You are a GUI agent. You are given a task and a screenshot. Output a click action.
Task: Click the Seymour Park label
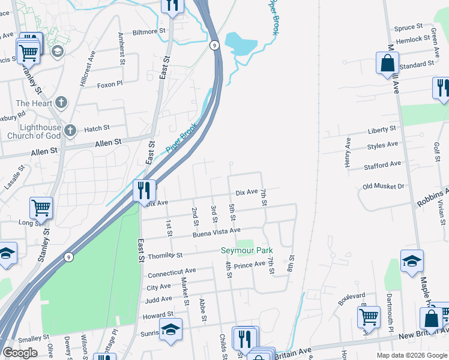click(x=247, y=250)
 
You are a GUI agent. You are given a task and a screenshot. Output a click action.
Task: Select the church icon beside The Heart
click(x=60, y=103)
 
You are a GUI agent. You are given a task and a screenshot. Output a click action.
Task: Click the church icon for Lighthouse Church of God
click(x=70, y=130)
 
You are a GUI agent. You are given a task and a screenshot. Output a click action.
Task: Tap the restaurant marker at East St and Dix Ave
click(x=144, y=191)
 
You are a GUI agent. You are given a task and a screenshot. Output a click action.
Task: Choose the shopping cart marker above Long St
click(x=41, y=208)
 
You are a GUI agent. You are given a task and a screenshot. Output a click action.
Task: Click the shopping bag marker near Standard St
click(x=388, y=63)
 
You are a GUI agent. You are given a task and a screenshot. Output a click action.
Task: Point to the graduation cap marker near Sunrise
click(x=170, y=331)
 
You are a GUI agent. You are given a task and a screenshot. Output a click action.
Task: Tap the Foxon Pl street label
click(x=110, y=85)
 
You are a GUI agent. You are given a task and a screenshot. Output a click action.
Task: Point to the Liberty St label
click(x=382, y=129)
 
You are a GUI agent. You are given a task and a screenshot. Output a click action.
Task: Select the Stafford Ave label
click(x=382, y=164)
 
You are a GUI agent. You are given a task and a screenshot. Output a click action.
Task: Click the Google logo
click(x=20, y=353)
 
